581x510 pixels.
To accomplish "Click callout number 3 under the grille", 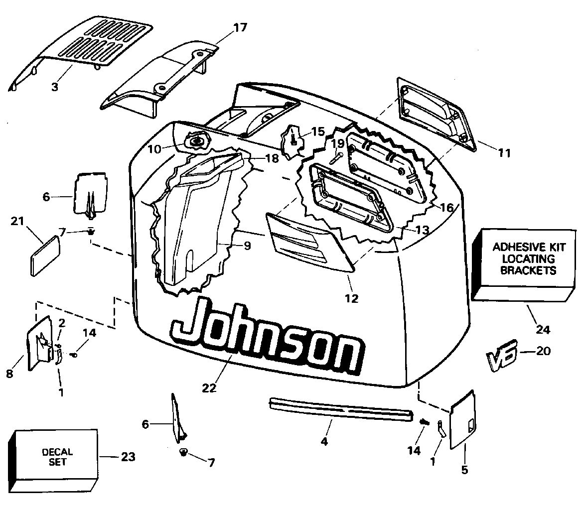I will tap(54, 87).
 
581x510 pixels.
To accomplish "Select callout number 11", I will tap(504, 153).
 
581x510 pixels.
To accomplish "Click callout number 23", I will tap(128, 456).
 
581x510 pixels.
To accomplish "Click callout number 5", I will tap(464, 469).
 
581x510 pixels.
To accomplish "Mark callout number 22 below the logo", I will tap(210, 388).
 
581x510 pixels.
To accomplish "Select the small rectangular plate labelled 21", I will tap(45, 255).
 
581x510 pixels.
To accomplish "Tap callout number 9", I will tap(247, 245).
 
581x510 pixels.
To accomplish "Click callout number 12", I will tap(351, 298).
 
